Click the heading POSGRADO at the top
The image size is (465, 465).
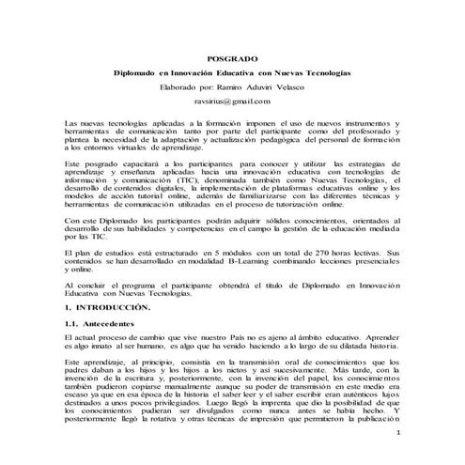coord(231,58)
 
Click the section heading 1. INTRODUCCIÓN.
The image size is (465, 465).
coord(103,307)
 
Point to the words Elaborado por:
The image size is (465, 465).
coord(187,85)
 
